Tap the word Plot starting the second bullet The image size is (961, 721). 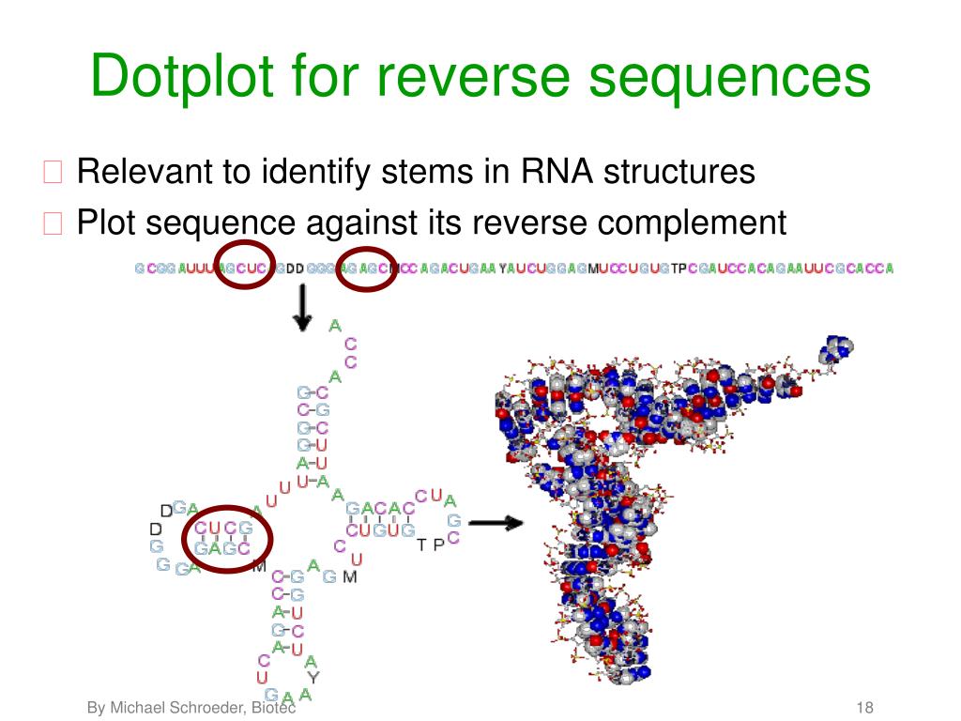(x=106, y=222)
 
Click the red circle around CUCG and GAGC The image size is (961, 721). (x=228, y=538)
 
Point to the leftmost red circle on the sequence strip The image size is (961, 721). (x=245, y=267)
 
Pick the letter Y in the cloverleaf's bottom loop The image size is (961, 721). (x=314, y=676)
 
